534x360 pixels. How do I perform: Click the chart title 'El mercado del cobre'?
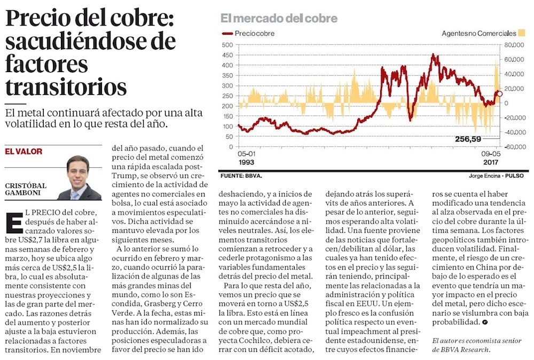(x=279, y=18)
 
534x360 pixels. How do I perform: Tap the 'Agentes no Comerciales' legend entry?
(x=479, y=34)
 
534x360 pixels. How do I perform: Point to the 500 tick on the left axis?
(x=227, y=45)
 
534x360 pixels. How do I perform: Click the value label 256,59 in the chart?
(x=468, y=139)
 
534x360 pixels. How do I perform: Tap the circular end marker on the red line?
(x=499, y=94)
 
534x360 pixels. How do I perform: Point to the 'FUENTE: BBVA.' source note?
(x=241, y=175)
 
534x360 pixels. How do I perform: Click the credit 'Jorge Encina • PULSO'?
(x=496, y=175)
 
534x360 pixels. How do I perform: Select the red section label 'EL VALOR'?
(x=23, y=152)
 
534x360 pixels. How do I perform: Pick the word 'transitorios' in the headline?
(x=66, y=86)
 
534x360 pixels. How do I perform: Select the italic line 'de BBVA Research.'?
(x=460, y=350)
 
